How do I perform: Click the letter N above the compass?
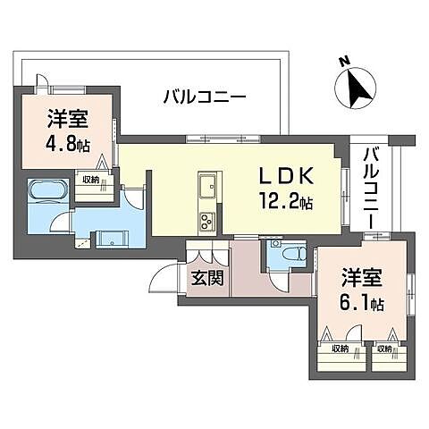coord(343,62)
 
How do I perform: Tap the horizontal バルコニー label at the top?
coord(204,97)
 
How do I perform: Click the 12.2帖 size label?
coord(283,203)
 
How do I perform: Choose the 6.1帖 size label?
coord(362,304)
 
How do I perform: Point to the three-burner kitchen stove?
coord(206,219)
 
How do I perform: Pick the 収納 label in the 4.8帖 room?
coord(90,179)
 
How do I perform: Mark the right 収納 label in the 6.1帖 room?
coord(384,349)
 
